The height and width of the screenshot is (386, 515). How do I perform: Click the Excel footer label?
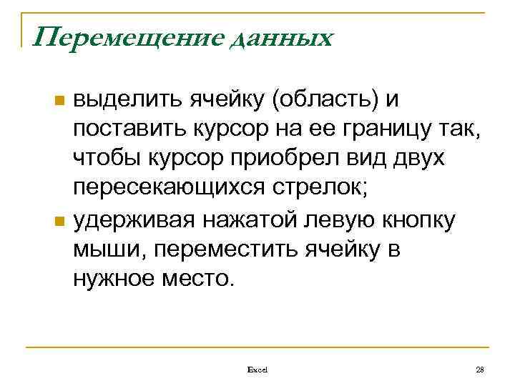click(257, 369)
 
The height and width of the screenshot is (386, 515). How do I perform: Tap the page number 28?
click(480, 369)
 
